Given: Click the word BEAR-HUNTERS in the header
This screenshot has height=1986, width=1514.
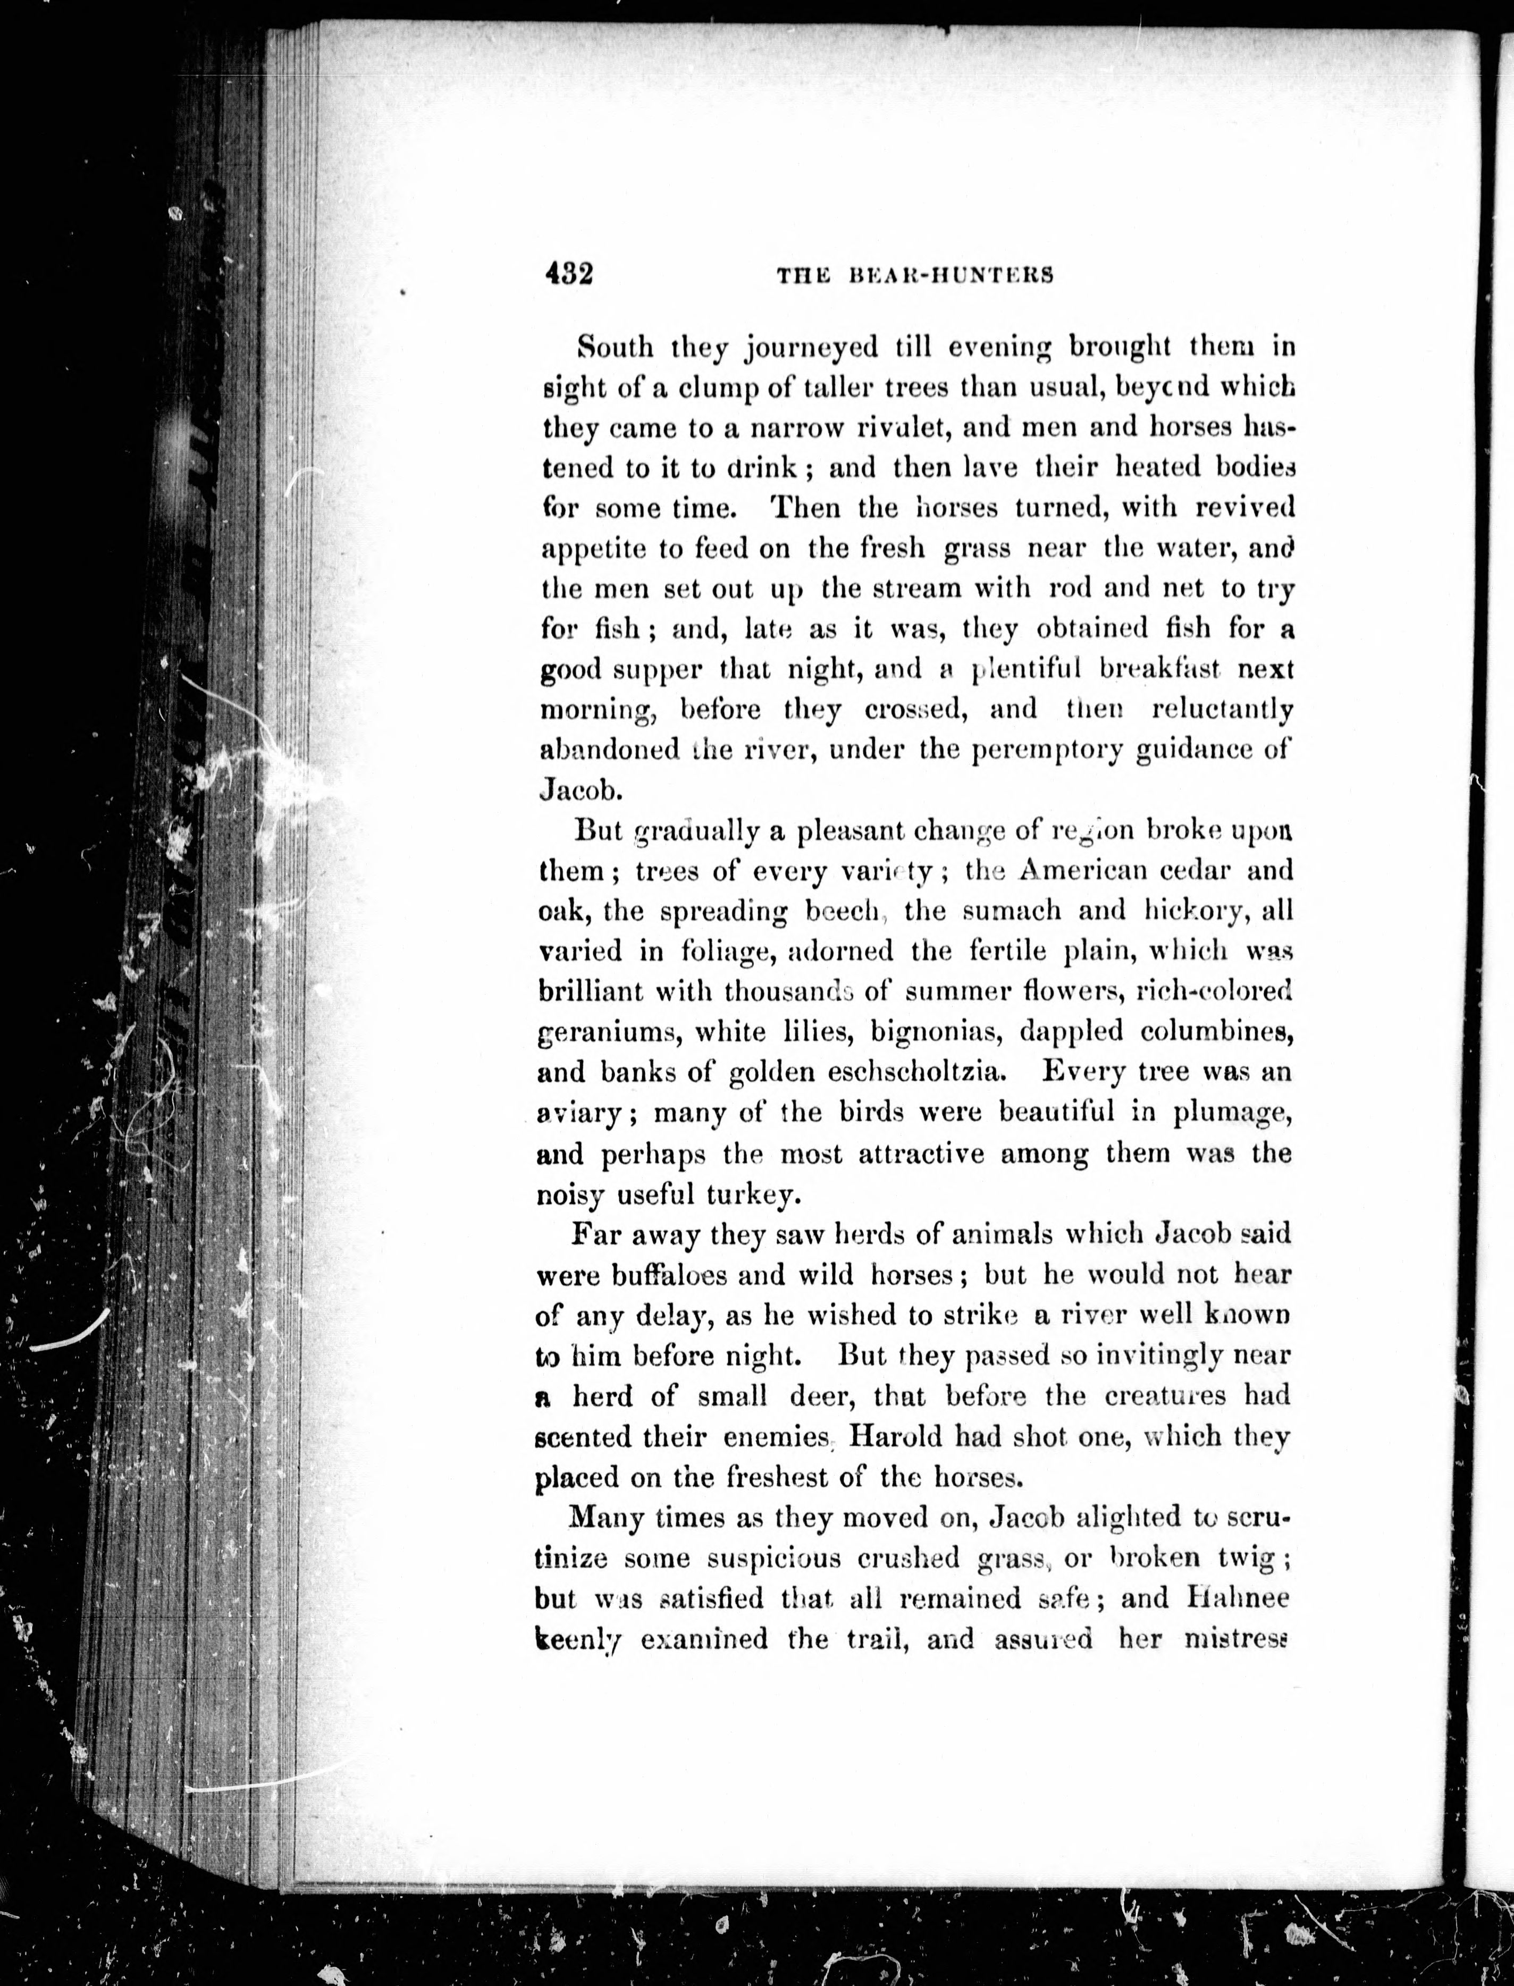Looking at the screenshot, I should tap(952, 276).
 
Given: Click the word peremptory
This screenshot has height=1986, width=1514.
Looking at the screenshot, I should tap(1047, 750).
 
